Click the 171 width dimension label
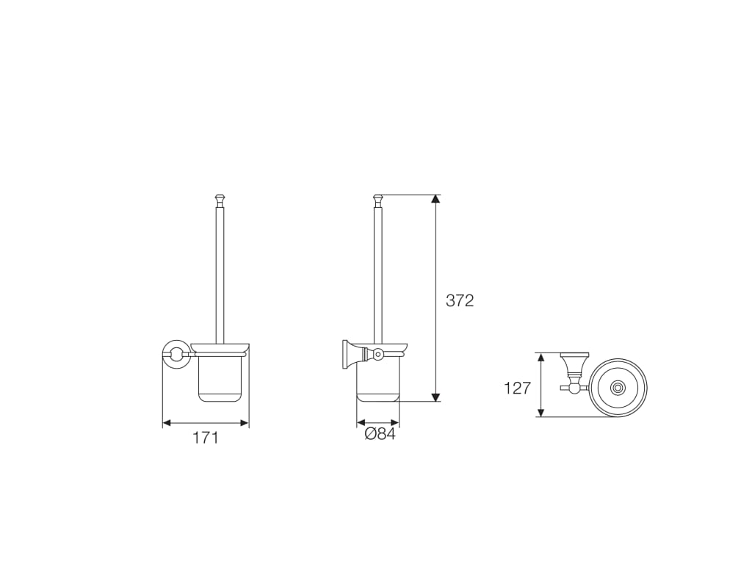pos(206,438)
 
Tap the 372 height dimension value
pos(460,300)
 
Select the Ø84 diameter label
pos(380,434)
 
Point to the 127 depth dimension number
pos(518,388)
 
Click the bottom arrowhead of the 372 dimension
pos(435,397)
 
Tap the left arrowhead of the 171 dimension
pos(167,422)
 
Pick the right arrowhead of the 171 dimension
pos(245,422)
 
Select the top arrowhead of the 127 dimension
pos(541,358)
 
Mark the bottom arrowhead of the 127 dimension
pos(541,412)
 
